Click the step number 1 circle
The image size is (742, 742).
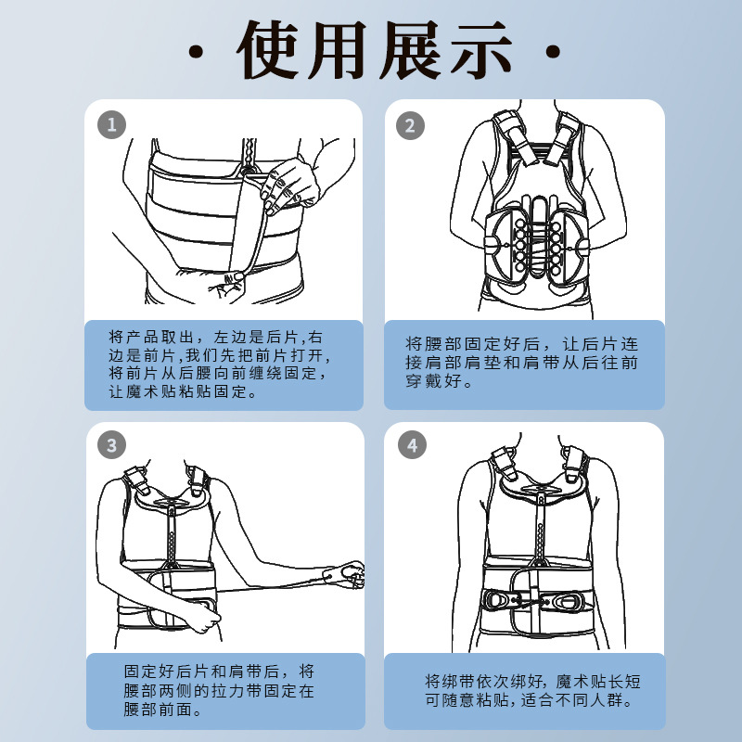pyautogui.click(x=111, y=125)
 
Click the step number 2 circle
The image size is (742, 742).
pyautogui.click(x=410, y=125)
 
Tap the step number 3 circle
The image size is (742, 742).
pyautogui.click(x=111, y=445)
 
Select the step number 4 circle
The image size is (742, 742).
pyautogui.click(x=412, y=445)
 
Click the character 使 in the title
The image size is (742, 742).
pyautogui.click(x=268, y=50)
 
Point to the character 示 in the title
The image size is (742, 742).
pyautogui.click(x=481, y=50)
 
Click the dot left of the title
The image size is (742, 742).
pyautogui.click(x=196, y=52)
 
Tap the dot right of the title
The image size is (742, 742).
pyautogui.click(x=553, y=51)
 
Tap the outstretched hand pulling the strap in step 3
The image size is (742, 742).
pyautogui.click(x=345, y=574)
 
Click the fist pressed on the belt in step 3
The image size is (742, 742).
pyautogui.click(x=202, y=617)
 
